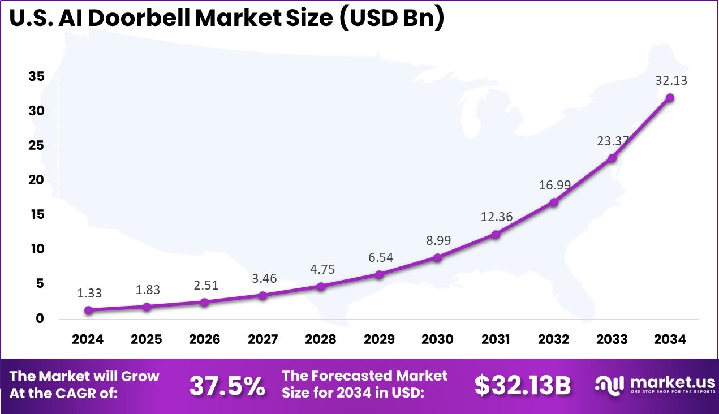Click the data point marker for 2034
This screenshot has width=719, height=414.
pos(670,97)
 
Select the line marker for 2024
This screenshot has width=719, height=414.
pos(88,310)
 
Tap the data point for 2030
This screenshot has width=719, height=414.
pos(437,257)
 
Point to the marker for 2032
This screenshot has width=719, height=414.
pos(554,202)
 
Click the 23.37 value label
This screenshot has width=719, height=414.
pos(613,141)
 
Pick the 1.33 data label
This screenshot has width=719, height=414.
pos(90,293)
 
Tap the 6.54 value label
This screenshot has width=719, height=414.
pos(381,257)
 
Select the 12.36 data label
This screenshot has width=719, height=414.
pos(497,217)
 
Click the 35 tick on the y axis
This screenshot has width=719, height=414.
pos(36,77)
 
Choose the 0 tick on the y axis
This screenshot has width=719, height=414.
pos(40,318)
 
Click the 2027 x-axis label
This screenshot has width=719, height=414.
pos(262,339)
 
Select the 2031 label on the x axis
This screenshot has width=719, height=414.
pos(496,339)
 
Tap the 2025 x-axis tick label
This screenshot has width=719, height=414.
pos(146,339)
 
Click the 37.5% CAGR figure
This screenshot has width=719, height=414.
pos(227,386)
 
